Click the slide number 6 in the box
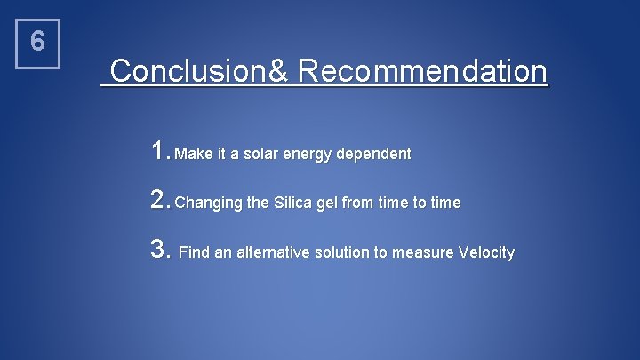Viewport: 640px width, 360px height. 37,43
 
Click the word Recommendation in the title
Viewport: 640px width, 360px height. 423,71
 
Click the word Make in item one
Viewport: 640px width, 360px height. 191,155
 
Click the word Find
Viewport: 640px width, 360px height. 194,253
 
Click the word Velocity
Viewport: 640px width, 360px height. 486,253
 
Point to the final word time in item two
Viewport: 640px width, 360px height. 445,204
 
